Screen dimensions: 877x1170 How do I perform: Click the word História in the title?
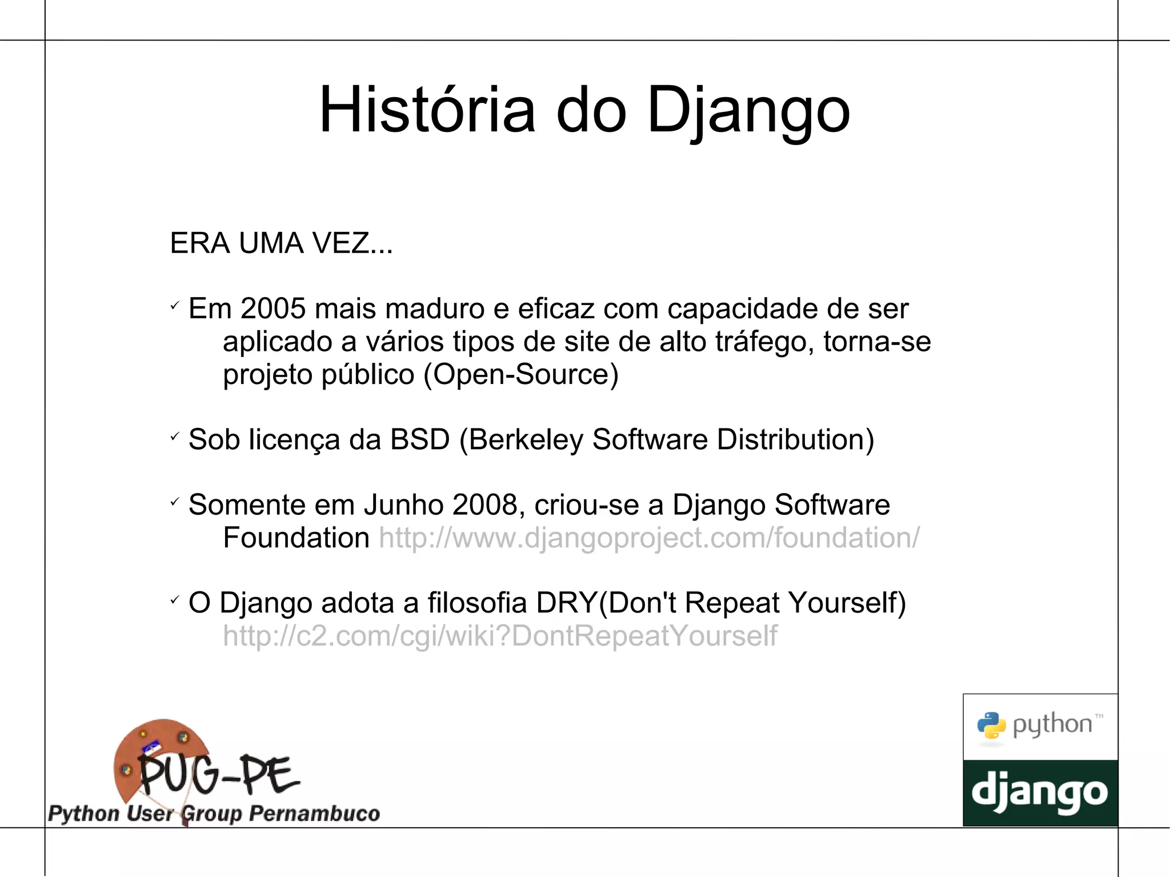(x=427, y=110)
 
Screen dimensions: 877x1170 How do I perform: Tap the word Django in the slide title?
(x=748, y=110)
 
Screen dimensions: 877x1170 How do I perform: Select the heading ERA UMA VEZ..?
(x=281, y=243)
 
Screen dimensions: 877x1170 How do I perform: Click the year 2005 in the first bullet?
(x=273, y=309)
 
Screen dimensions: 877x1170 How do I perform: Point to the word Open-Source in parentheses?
(x=521, y=375)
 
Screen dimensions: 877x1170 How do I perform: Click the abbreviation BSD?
(x=419, y=440)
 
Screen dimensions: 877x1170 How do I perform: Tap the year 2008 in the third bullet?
(x=484, y=505)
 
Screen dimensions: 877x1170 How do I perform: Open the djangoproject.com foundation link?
(x=649, y=538)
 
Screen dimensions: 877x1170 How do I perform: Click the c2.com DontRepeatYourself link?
(x=500, y=636)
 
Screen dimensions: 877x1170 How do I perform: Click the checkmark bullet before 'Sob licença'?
(x=175, y=437)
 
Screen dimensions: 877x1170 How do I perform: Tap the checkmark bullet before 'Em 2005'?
(x=175, y=306)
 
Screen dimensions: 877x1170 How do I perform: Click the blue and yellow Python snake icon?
(x=991, y=726)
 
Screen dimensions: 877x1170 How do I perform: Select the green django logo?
(x=1040, y=793)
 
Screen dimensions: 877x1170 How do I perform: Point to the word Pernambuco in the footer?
(x=314, y=813)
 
